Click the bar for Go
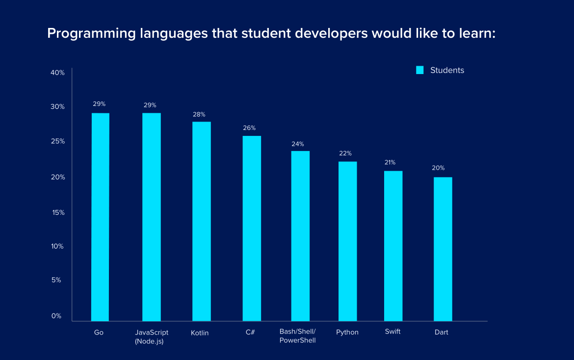(x=100, y=217)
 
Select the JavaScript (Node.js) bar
(x=152, y=217)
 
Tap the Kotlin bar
(x=202, y=221)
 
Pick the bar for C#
(x=252, y=229)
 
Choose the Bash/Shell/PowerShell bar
(x=300, y=236)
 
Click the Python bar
(x=347, y=241)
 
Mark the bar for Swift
(x=393, y=246)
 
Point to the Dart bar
(x=443, y=249)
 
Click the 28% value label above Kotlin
(x=199, y=114)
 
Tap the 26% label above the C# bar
(x=249, y=128)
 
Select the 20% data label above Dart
(x=438, y=168)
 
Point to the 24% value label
(x=297, y=144)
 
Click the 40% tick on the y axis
(x=57, y=73)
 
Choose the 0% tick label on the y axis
(x=56, y=316)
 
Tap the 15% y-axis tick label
(x=57, y=212)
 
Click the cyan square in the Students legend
(x=419, y=70)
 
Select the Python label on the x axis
(x=347, y=332)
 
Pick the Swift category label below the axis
(x=392, y=332)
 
